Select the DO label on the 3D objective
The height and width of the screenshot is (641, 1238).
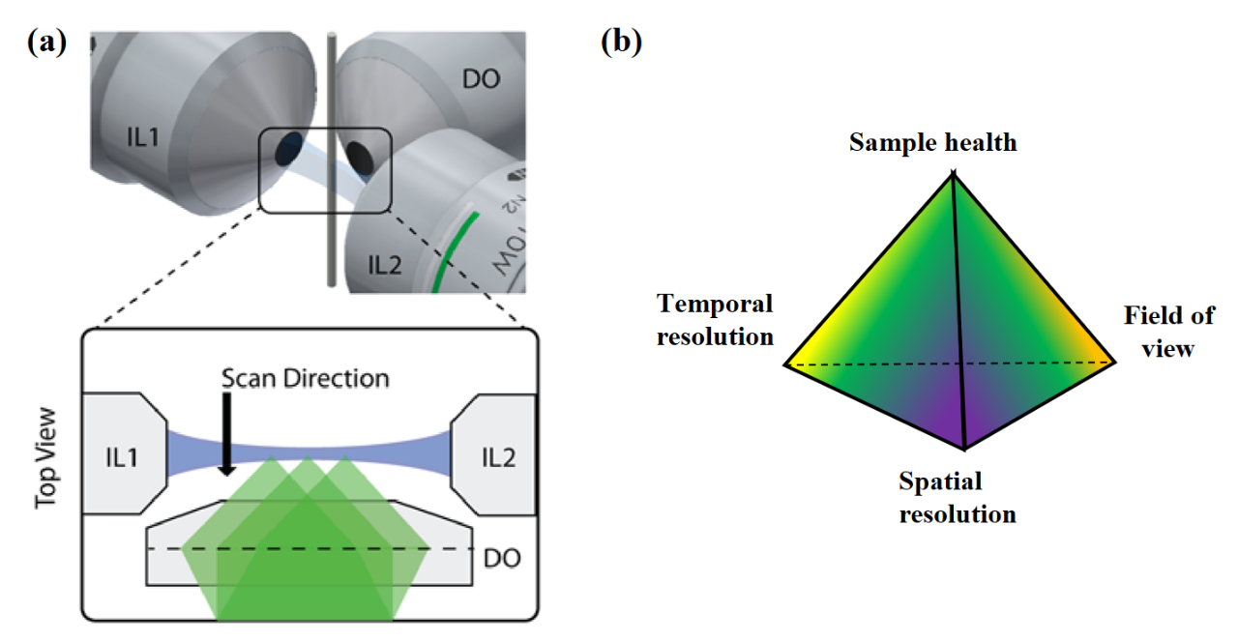pos(481,79)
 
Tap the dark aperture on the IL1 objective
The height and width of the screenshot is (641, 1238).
pos(287,150)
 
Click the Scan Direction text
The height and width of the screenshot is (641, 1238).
pos(306,377)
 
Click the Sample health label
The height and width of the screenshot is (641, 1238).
pos(933,143)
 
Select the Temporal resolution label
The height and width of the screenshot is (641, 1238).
pos(716,320)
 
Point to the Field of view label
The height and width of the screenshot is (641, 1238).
pos(1168,331)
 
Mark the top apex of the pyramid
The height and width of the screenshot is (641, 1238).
pos(954,174)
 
